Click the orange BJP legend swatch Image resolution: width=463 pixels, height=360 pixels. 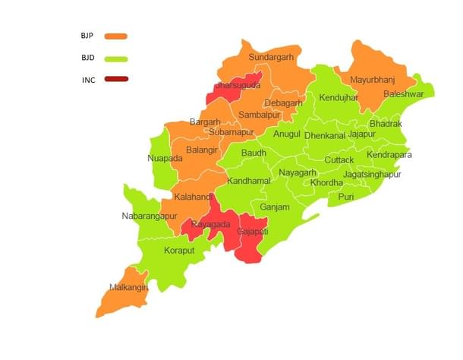(x=116, y=36)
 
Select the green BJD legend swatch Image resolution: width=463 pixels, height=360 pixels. (x=116, y=58)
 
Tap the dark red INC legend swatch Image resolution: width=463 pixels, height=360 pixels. (x=116, y=79)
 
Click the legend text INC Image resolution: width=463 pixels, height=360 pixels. (x=89, y=80)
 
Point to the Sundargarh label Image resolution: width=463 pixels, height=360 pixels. (x=271, y=57)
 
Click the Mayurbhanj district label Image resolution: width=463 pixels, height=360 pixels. (x=373, y=80)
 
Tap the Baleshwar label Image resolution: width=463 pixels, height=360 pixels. (x=404, y=94)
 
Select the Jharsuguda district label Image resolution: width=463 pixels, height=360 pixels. (x=238, y=86)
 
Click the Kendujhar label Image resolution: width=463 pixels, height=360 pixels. (x=339, y=98)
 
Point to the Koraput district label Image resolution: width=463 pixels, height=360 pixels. (x=180, y=250)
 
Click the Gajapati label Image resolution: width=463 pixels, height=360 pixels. (x=253, y=230)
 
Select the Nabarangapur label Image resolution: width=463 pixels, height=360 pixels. (x=153, y=216)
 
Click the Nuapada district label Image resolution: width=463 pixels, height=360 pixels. (x=165, y=159)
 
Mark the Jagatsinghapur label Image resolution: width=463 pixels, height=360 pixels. (x=372, y=174)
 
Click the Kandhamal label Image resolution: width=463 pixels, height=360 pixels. (x=248, y=181)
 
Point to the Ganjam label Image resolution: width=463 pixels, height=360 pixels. (x=275, y=207)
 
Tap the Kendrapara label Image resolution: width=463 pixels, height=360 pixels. (x=389, y=155)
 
